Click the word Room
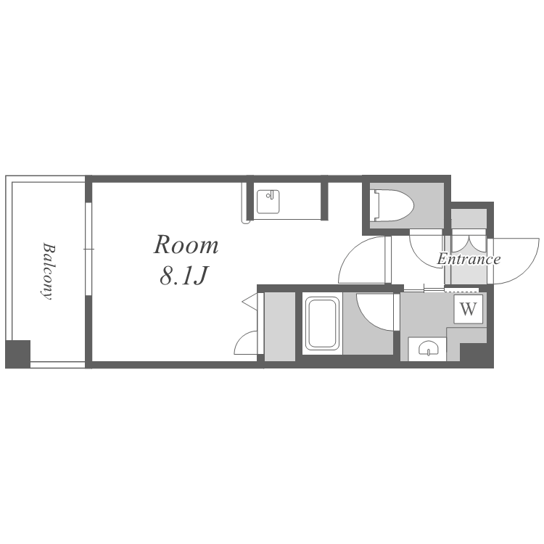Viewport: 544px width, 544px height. pyautogui.click(x=186, y=245)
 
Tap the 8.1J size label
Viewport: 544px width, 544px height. pyautogui.click(x=184, y=276)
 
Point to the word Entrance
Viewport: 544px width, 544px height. pyautogui.click(x=469, y=259)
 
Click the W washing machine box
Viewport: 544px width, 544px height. pyautogui.click(x=468, y=309)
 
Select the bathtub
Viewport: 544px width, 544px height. pyautogui.click(x=322, y=323)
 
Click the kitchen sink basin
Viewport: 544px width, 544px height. pyautogui.click(x=268, y=202)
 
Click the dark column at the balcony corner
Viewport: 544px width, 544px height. pyautogui.click(x=17, y=354)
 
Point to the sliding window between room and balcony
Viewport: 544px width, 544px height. pyautogui.click(x=88, y=249)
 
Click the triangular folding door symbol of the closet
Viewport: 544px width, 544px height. pyautogui.click(x=250, y=302)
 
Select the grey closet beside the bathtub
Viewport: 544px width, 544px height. pyautogui.click(x=280, y=326)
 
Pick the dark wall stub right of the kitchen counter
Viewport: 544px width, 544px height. pyautogui.click(x=324, y=198)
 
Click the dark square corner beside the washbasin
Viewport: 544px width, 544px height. pyautogui.click(x=477, y=355)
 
